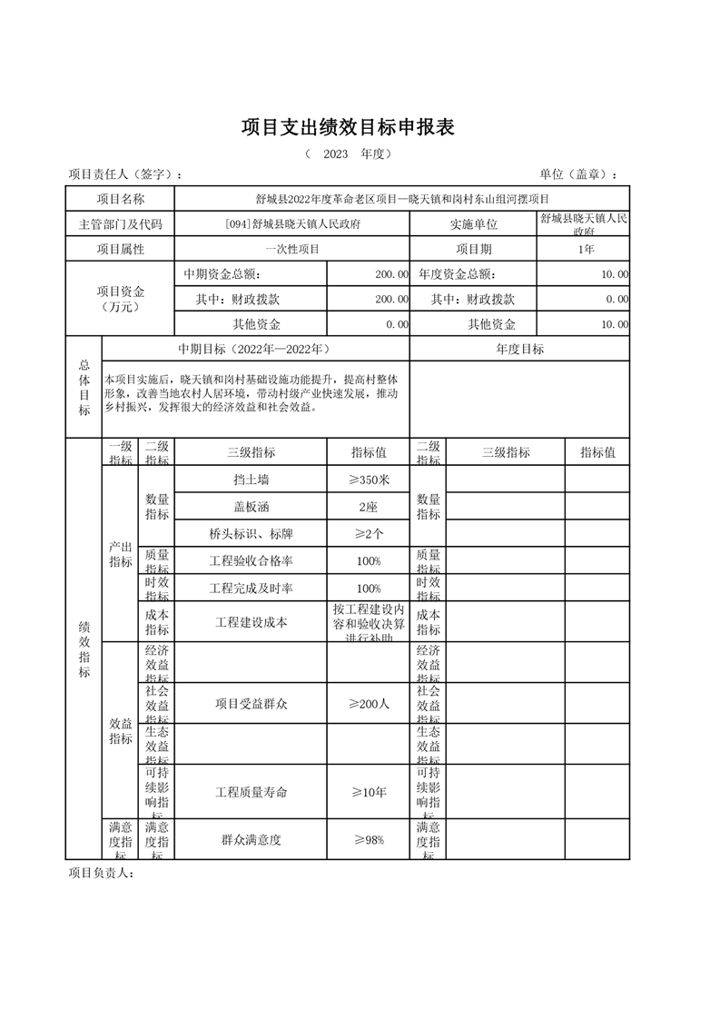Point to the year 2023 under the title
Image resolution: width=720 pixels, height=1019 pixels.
[336, 153]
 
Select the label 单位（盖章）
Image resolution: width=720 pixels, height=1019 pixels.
[578, 174]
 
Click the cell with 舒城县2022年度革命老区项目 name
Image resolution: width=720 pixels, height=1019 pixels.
[401, 199]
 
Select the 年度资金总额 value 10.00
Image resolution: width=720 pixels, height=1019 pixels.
[614, 273]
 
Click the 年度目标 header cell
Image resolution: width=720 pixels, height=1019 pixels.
[519, 349]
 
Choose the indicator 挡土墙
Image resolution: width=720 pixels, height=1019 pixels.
[251, 479]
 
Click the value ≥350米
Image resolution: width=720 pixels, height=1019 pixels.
[369, 479]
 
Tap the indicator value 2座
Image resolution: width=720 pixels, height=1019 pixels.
[369, 507]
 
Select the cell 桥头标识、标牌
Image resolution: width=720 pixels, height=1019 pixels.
[251, 534]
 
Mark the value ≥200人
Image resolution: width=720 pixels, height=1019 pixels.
[369, 704]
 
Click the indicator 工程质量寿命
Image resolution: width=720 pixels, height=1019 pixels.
[251, 792]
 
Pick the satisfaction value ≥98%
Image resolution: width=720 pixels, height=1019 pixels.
[369, 840]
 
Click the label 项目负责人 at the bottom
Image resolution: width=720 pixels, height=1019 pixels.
[102, 874]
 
